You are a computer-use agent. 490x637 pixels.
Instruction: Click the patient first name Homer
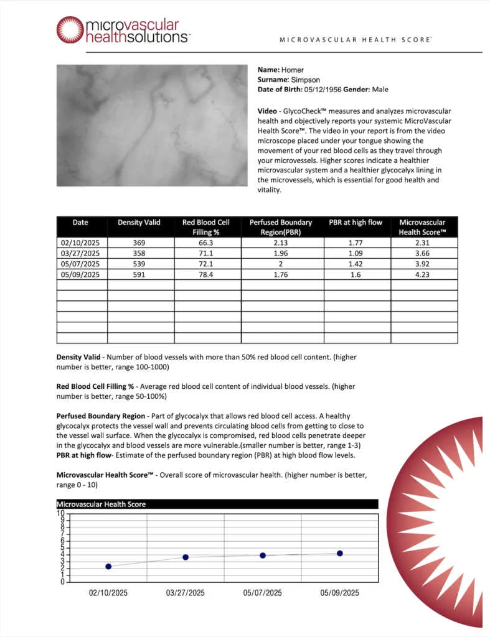293,70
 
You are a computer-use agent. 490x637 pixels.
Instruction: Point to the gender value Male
380,90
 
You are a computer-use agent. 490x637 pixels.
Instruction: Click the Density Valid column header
139,223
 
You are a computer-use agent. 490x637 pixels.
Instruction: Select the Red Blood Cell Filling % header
206,227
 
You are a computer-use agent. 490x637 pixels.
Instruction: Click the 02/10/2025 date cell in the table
80,243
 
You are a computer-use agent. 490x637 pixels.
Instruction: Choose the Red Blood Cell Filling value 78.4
206,274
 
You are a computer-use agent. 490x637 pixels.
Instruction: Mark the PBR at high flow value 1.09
357,254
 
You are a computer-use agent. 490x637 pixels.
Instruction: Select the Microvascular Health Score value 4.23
423,274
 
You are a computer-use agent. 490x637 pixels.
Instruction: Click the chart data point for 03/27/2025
186,557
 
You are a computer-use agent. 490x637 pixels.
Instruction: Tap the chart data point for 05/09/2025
340,553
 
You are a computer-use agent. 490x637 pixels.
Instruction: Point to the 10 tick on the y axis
61,514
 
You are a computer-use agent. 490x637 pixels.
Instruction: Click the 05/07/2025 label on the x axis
263,593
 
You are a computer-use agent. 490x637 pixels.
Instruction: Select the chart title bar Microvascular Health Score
217,504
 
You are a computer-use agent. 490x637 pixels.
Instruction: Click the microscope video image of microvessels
152,125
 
